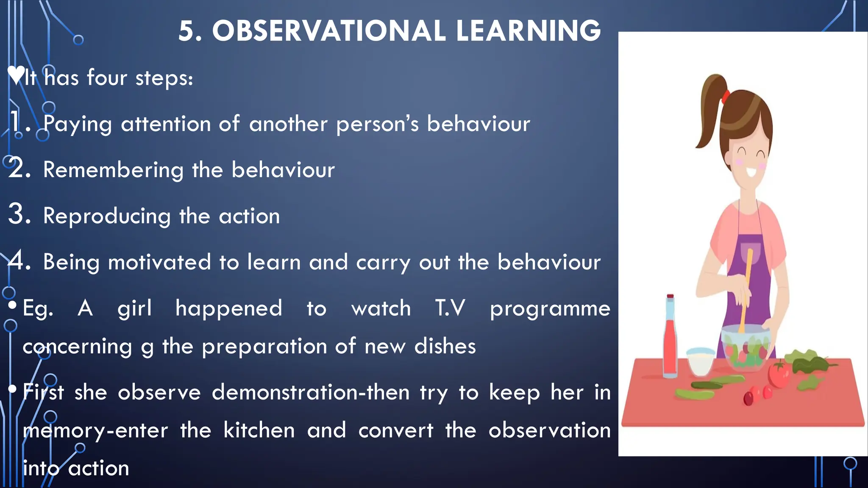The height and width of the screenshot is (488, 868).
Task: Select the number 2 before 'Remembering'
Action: (x=19, y=169)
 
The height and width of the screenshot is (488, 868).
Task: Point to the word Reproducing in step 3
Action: (x=107, y=216)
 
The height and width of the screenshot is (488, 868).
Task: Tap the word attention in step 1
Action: (x=166, y=124)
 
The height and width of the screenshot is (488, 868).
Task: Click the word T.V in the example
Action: (x=450, y=308)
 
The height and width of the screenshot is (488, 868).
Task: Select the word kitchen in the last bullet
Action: (x=259, y=430)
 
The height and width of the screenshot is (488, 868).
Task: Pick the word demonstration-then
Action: (x=311, y=392)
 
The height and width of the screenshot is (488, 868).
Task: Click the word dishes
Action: (x=445, y=346)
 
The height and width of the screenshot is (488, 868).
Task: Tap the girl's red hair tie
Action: (x=726, y=97)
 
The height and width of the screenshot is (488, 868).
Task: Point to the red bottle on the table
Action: (x=670, y=339)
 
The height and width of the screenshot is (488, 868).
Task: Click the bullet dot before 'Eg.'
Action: (x=12, y=305)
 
